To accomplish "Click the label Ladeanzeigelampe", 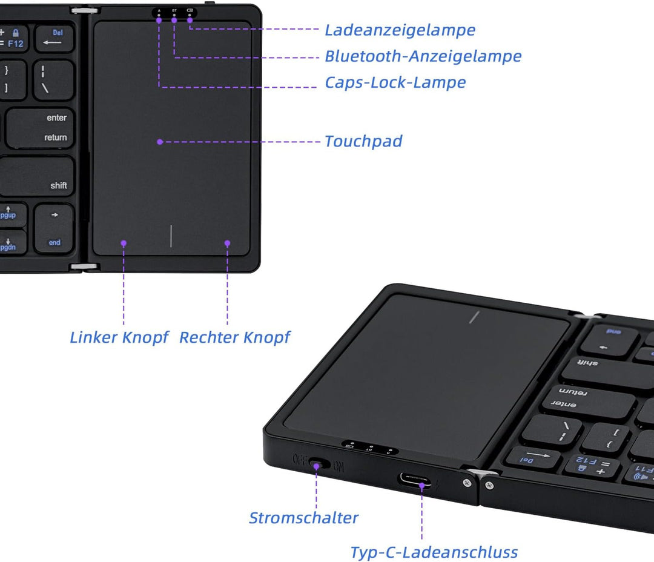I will click(x=400, y=30).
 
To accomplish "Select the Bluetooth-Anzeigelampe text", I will click(x=423, y=56).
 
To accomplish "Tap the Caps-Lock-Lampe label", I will click(x=395, y=82).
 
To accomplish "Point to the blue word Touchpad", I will click(x=363, y=142).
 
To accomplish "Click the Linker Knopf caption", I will click(x=119, y=337).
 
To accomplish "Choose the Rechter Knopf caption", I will click(x=235, y=337).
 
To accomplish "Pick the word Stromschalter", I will click(x=303, y=518).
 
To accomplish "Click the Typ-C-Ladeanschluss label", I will click(x=434, y=552).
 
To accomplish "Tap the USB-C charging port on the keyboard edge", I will click(x=415, y=481).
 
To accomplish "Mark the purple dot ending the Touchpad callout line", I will click(x=160, y=142).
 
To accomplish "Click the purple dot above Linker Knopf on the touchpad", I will click(x=124, y=243).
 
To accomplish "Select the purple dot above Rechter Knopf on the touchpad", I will click(x=228, y=243).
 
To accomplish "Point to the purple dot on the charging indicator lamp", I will click(x=190, y=19).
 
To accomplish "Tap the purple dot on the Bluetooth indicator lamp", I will click(x=174, y=19).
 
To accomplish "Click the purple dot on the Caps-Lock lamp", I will click(x=159, y=19).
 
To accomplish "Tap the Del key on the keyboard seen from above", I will click(x=54, y=38).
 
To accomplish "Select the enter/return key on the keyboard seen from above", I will click(x=41, y=127).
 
